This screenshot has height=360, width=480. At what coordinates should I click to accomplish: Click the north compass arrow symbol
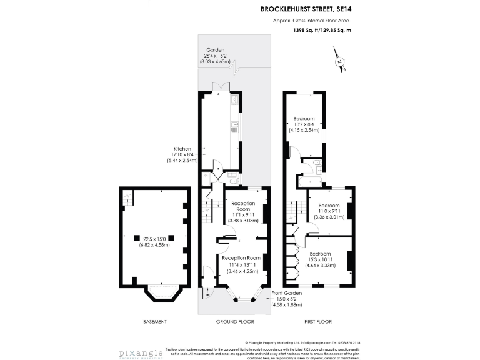[339, 62]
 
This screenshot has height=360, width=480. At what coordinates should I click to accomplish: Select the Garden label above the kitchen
[216, 50]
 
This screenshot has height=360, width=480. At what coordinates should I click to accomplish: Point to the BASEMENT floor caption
[154, 322]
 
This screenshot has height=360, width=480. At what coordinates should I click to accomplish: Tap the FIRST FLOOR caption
[318, 322]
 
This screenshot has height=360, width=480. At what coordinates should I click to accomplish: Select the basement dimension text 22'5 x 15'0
[154, 237]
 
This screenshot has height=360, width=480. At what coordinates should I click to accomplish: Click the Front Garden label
[287, 293]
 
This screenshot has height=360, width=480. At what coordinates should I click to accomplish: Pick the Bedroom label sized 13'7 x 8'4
[304, 118]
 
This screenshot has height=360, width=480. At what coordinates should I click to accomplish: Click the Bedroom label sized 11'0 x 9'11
[329, 206]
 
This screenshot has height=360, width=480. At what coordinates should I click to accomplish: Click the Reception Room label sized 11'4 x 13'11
[245, 258]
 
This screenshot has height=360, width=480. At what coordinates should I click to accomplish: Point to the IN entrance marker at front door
[208, 294]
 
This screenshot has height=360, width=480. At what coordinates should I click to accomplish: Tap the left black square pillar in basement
[136, 237]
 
